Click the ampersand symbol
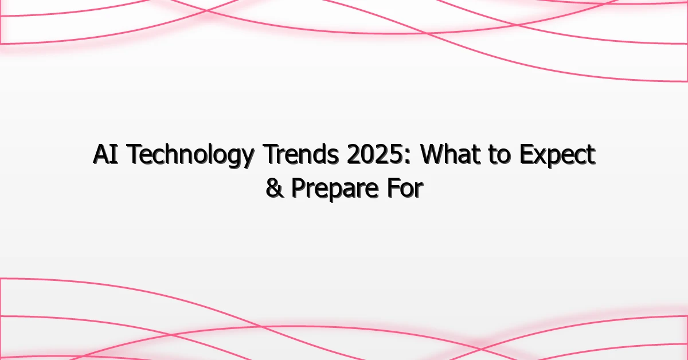coord(273,189)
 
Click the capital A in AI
coord(100,156)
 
